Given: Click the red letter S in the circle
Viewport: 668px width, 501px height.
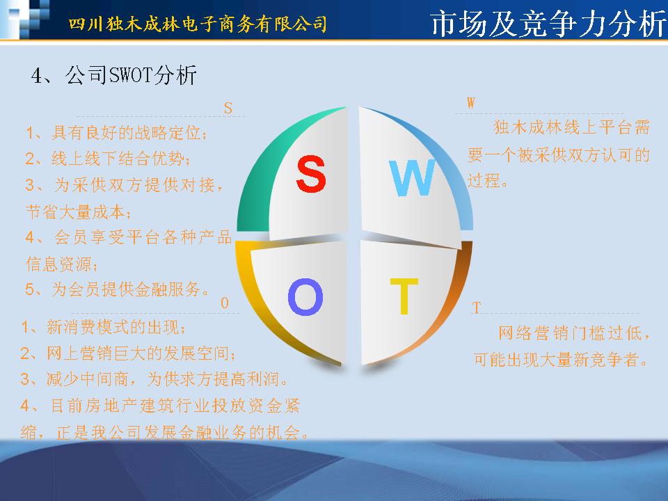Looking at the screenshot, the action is pyautogui.click(x=311, y=173).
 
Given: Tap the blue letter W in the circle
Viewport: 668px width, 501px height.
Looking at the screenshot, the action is pyautogui.click(x=412, y=177).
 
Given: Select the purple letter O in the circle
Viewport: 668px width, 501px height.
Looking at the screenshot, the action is pyautogui.click(x=305, y=296).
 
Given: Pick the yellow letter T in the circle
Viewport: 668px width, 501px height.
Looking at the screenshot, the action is pyautogui.click(x=404, y=296).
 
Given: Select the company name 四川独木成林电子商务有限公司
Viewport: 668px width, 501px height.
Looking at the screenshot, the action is pyautogui.click(x=198, y=24).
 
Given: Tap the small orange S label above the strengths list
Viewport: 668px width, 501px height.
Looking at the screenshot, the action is pyautogui.click(x=228, y=109).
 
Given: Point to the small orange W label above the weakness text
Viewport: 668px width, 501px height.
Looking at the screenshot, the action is pyautogui.click(x=471, y=103).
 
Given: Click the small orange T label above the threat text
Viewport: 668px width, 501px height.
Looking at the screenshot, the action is pyautogui.click(x=476, y=308).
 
